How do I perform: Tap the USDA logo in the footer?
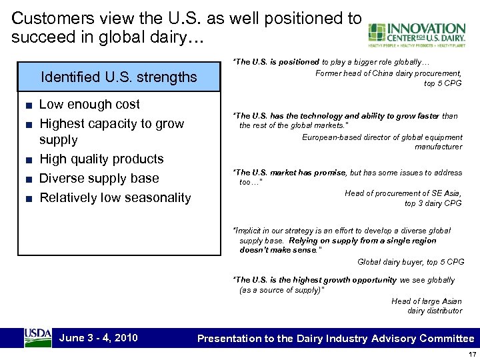click(x=38, y=337)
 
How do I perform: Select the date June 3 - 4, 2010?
click(x=99, y=337)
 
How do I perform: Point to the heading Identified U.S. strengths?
click(x=119, y=77)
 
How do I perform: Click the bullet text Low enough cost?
click(x=89, y=104)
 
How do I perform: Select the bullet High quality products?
click(x=101, y=159)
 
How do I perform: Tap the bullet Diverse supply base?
click(x=99, y=178)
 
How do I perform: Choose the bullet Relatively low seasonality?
click(x=115, y=197)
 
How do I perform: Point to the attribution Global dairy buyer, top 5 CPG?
click(x=411, y=262)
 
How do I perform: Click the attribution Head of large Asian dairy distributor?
click(x=427, y=306)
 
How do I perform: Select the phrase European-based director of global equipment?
click(x=382, y=137)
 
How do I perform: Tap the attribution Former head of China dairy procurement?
click(x=388, y=73)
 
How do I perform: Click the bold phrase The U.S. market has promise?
click(x=290, y=173)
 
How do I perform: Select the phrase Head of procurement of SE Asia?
click(x=403, y=193)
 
